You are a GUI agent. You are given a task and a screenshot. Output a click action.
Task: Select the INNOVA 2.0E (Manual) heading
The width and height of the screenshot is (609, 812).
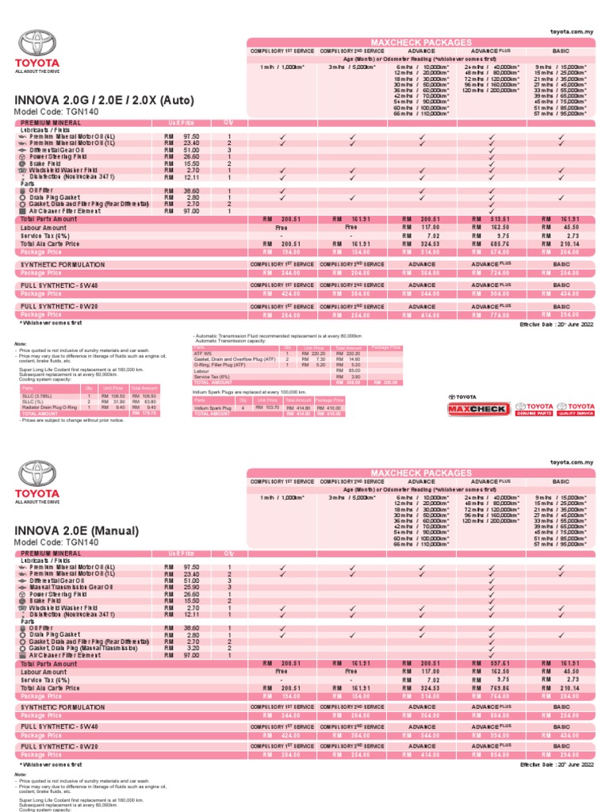click(76, 530)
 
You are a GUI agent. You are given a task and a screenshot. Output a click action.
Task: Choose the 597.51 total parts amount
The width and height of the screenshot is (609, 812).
click(491, 663)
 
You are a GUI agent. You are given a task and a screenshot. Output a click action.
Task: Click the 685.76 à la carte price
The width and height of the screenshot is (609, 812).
click(491, 244)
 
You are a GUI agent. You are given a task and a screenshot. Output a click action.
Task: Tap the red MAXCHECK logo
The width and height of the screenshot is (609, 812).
click(477, 408)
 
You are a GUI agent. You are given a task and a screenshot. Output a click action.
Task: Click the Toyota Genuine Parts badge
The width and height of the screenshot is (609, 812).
click(534, 408)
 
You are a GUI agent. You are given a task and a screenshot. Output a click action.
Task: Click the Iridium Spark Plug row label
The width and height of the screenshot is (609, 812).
click(213, 407)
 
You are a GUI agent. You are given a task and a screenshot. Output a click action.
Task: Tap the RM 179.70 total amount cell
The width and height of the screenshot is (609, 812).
click(144, 413)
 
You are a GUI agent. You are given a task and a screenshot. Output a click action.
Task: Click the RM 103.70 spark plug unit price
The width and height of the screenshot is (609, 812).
click(268, 407)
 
